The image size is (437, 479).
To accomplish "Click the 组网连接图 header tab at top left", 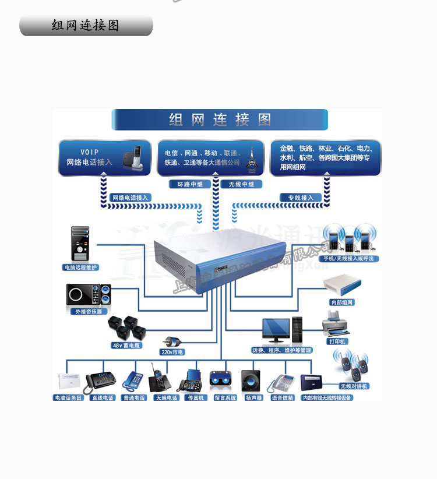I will [x=86, y=26].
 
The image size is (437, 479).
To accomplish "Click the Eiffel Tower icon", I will [x=252, y=158].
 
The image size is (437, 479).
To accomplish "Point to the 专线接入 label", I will [x=301, y=198].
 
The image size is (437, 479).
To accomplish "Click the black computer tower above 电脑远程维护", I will [x=80, y=244].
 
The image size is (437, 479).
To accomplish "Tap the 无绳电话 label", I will [x=166, y=398].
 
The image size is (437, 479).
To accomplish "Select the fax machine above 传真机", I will [x=191, y=381].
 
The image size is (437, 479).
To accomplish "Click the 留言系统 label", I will [x=225, y=398].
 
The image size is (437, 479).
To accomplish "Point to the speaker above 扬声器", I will [x=252, y=382].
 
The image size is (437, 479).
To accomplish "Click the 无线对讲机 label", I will [x=354, y=386].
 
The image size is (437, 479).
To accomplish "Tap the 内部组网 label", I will [x=342, y=302].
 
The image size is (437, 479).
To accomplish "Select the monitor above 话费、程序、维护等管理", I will [x=276, y=331].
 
